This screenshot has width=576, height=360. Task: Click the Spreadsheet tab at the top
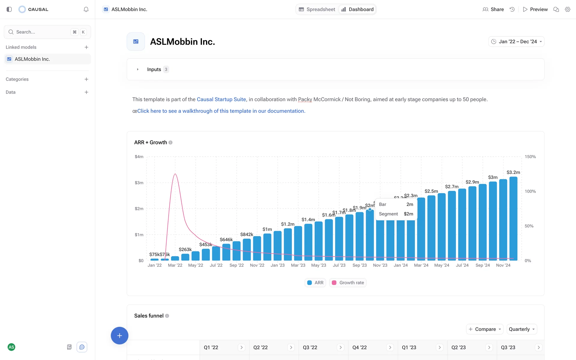coord(317,9)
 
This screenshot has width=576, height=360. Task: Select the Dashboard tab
coord(358,9)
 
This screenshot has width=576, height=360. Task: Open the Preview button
coord(535,9)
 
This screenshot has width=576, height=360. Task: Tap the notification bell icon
coord(86,9)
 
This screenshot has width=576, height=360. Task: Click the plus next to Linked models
coord(86,47)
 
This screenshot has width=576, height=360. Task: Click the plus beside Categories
coord(86,79)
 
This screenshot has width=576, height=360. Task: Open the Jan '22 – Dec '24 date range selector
coord(516,42)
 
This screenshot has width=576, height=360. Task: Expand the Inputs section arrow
coord(138,69)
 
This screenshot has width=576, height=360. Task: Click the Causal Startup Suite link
coord(221,99)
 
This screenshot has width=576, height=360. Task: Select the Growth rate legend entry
coord(348,283)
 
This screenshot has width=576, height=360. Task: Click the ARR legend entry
coord(315,283)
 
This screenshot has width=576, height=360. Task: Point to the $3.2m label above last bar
coord(513,172)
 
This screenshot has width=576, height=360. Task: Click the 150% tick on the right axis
coord(530,157)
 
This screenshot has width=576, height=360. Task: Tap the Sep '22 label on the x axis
coord(236,265)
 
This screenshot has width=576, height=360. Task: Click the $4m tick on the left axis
coord(139,157)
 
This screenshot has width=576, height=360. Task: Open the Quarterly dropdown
coord(522,329)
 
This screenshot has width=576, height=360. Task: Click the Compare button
coord(484,329)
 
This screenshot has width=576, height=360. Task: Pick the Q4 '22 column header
coord(359,347)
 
